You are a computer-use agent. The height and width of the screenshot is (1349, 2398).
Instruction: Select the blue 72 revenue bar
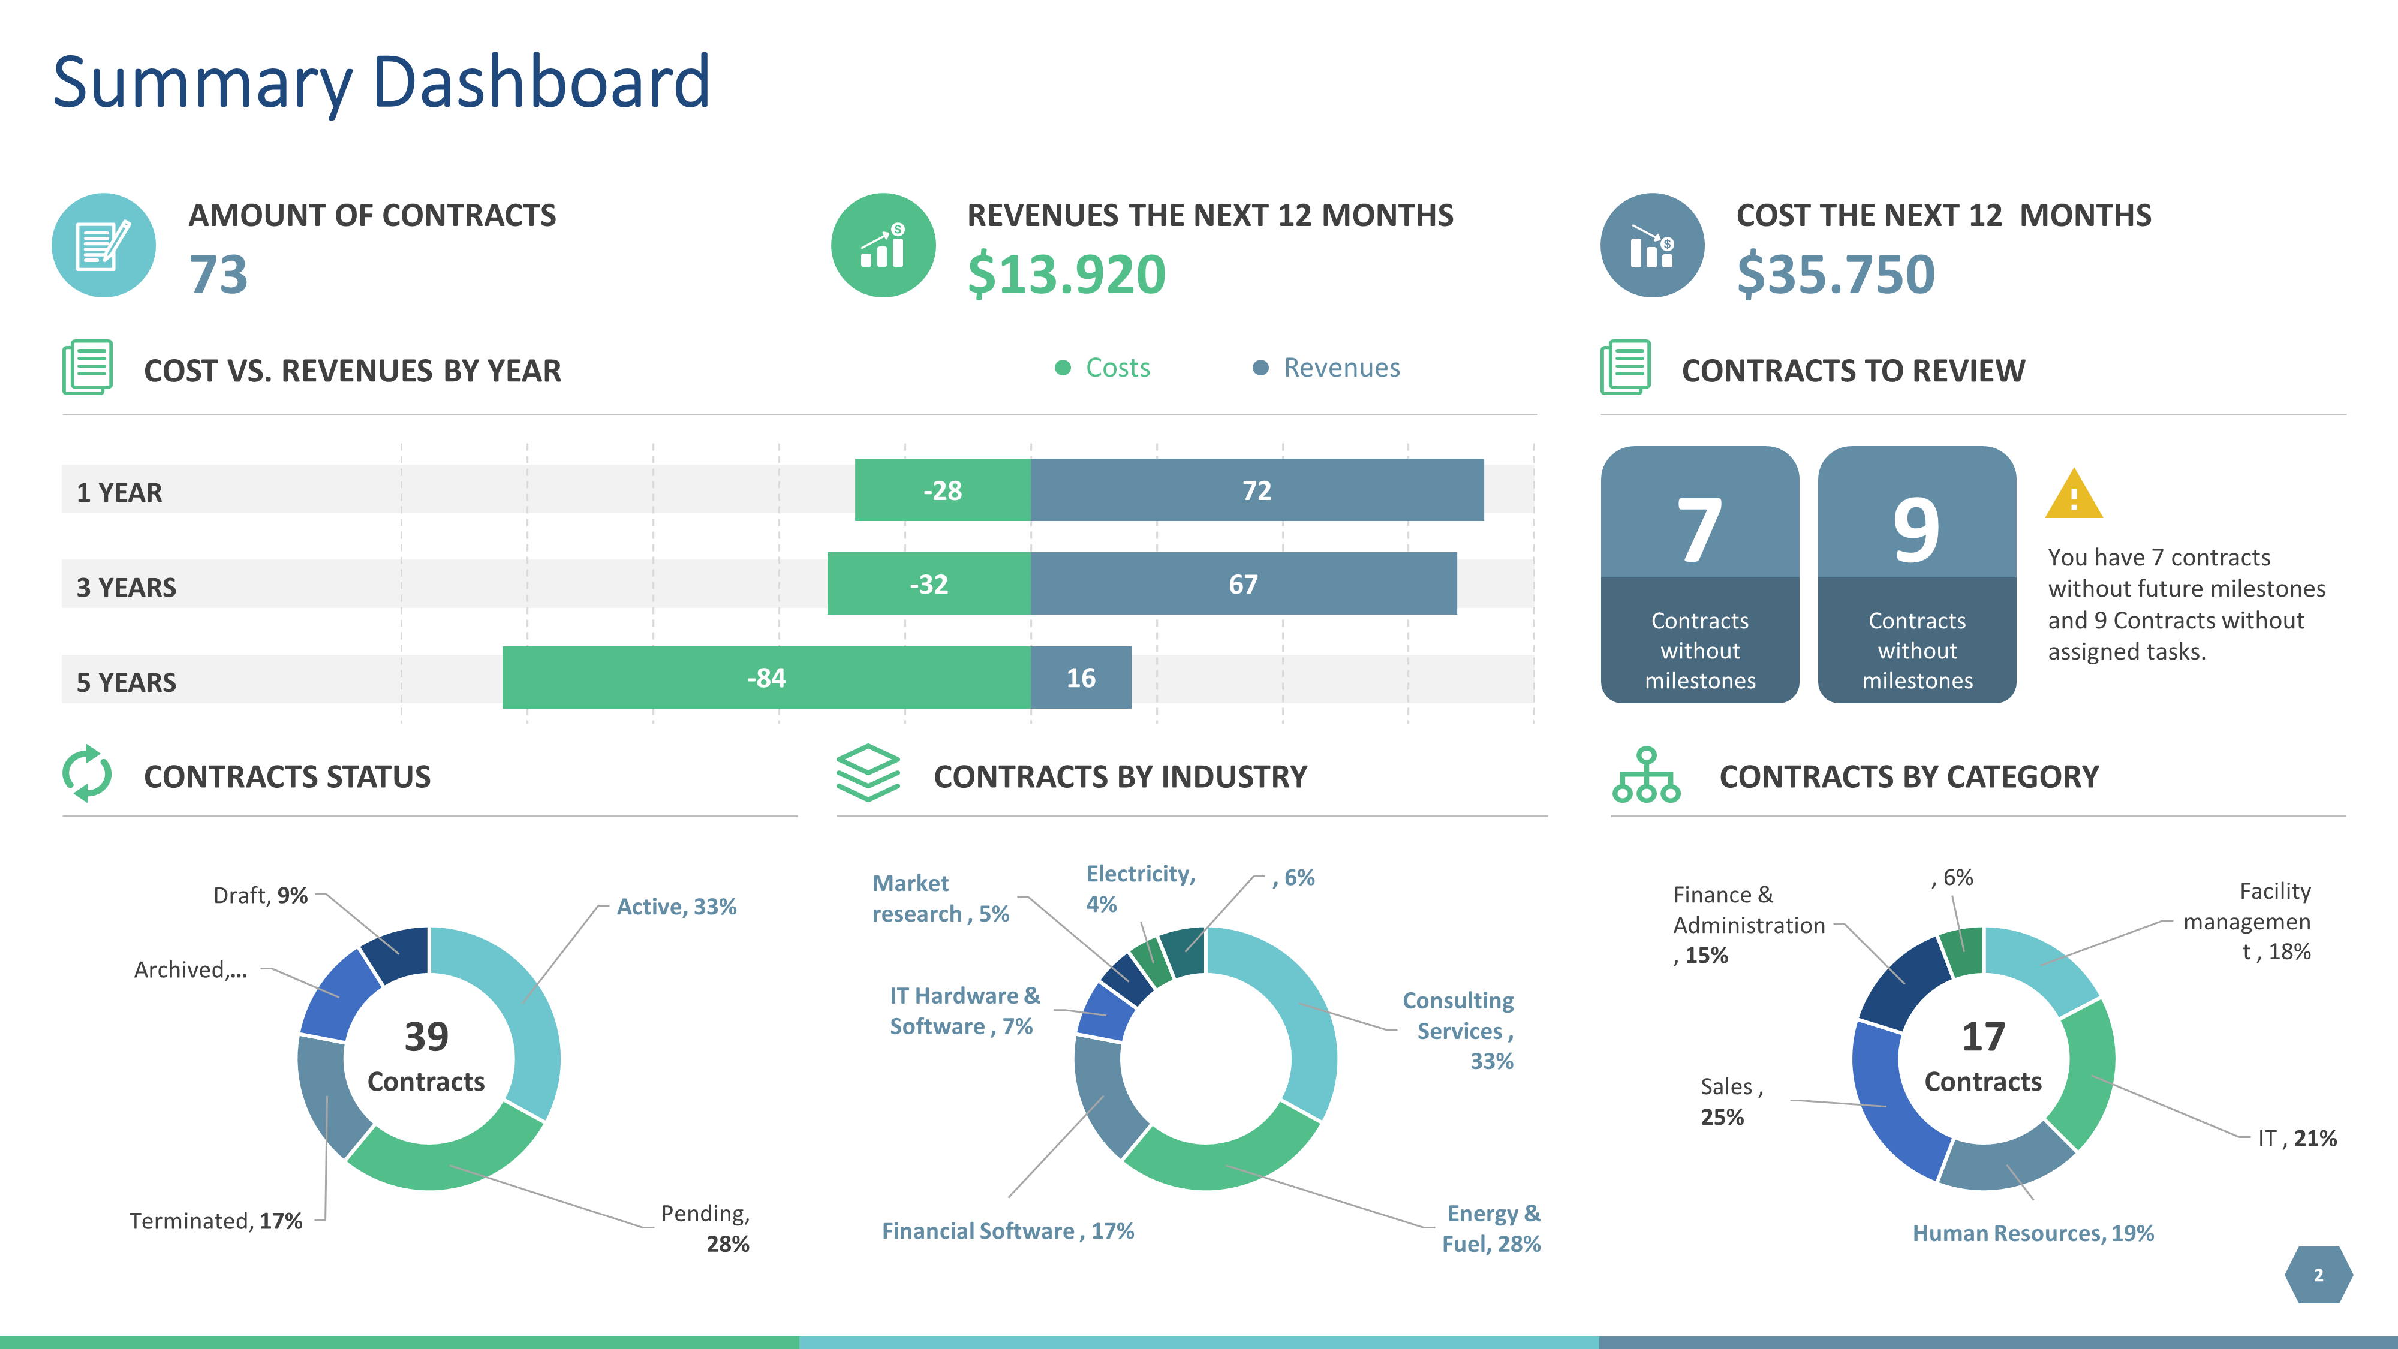[1257, 490]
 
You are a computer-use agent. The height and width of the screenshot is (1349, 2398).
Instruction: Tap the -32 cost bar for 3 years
[928, 584]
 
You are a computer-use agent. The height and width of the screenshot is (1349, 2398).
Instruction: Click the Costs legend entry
[1103, 368]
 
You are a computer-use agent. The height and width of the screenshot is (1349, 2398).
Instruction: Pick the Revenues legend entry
[1326, 368]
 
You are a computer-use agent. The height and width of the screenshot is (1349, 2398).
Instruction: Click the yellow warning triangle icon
[2073, 495]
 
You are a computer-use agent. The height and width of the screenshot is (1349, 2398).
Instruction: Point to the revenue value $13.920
[1066, 275]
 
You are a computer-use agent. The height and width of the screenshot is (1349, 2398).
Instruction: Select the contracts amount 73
[219, 275]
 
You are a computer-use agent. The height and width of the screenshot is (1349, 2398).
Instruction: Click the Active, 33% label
[676, 907]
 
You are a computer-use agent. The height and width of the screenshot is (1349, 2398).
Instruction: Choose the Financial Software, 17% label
[1007, 1231]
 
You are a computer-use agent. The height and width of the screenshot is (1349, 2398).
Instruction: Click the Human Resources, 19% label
[2033, 1233]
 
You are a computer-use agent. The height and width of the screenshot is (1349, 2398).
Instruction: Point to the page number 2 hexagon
[2318, 1275]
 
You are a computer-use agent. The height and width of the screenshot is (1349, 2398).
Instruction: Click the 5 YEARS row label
[127, 682]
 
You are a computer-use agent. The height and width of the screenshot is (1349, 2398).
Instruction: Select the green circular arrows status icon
[86, 773]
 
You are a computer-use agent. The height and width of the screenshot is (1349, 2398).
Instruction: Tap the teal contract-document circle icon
[103, 246]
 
